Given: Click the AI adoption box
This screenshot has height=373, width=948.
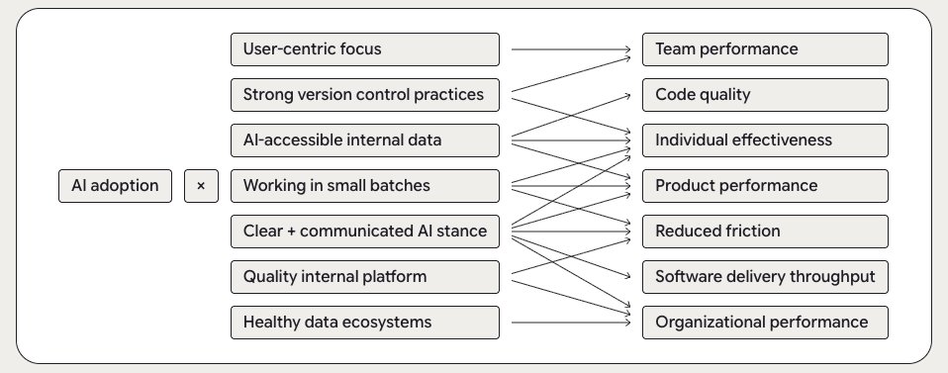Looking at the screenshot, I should [115, 185].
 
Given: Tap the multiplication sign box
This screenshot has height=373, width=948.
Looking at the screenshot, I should [201, 185].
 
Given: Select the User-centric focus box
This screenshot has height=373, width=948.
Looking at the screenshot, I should [364, 48].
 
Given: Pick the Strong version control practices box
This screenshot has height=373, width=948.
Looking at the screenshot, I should [364, 95].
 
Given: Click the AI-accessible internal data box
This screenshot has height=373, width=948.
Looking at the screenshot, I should [364, 140].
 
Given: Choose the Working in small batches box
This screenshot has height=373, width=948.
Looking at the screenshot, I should [364, 185].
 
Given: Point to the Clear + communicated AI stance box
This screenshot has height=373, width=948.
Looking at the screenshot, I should [364, 232].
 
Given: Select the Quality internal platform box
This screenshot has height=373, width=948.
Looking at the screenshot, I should [364, 276].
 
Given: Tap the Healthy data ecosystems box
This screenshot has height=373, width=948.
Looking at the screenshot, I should [364, 322].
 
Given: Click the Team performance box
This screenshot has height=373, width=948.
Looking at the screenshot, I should [765, 48].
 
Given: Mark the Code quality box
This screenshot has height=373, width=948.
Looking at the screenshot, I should [765, 95].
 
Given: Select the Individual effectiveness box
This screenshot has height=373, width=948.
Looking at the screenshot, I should [765, 140].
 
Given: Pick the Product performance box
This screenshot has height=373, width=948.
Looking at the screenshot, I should [765, 185].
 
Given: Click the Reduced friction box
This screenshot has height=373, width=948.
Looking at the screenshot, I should [765, 232].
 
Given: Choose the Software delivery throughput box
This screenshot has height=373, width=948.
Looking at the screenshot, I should [765, 276].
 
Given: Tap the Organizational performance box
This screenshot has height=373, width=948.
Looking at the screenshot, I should [765, 322].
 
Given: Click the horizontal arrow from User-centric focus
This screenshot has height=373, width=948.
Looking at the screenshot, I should [571, 48].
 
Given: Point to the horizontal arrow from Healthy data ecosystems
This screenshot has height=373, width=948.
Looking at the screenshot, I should [571, 322].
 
